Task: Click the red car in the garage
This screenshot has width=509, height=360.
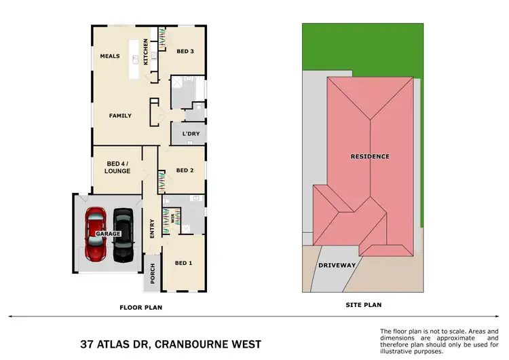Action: (x=96, y=234)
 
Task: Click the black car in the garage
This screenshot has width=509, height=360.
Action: (x=124, y=234)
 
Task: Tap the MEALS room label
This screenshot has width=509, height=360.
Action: (x=110, y=56)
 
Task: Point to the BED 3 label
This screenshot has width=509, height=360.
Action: (x=185, y=52)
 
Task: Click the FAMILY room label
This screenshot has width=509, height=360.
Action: (x=120, y=115)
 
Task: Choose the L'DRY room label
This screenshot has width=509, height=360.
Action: (x=191, y=134)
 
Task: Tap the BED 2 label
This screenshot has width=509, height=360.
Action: (x=185, y=170)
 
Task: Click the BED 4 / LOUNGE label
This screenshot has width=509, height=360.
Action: (x=118, y=168)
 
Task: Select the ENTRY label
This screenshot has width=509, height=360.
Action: (x=152, y=228)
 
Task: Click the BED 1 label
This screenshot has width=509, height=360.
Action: (x=184, y=263)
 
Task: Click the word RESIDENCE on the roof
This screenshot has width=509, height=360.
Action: (x=370, y=156)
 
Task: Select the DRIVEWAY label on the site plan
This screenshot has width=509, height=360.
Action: (x=337, y=265)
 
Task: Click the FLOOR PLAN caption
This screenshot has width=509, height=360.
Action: (x=141, y=308)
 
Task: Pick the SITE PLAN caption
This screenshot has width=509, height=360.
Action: (x=364, y=305)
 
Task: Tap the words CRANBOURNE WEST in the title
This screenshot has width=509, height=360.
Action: (x=207, y=344)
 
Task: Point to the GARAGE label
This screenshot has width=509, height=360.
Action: (x=109, y=234)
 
